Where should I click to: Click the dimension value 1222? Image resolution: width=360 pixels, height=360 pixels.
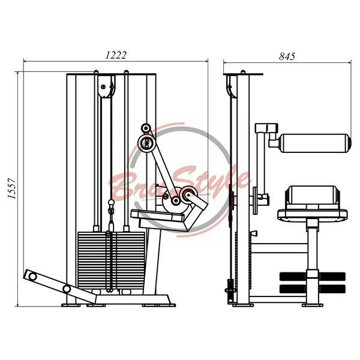pyautogui.click(x=116, y=55)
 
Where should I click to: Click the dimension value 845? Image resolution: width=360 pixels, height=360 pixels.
pyautogui.click(x=287, y=56)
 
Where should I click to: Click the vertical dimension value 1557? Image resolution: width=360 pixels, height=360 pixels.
pyautogui.click(x=11, y=188)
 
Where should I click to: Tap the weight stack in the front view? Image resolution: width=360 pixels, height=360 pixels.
pyautogui.click(x=112, y=261)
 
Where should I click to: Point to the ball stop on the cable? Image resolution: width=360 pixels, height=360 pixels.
pyautogui.click(x=111, y=203)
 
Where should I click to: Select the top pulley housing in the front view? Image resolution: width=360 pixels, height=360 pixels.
pyautogui.click(x=106, y=86)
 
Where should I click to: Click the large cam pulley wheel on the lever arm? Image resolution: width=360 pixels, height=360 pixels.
pyautogui.click(x=147, y=143)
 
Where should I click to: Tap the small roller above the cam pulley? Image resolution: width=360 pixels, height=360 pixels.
pyautogui.click(x=146, y=128)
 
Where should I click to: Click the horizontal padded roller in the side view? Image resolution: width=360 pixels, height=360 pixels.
pyautogui.click(x=314, y=143)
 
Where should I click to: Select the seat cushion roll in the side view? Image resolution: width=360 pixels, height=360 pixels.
pyautogui.click(x=313, y=195)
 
